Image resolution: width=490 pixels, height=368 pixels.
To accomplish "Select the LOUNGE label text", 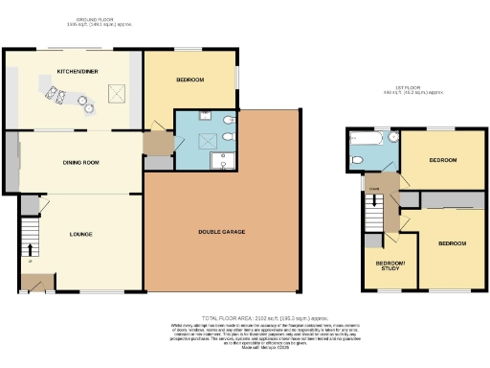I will pos(80,233).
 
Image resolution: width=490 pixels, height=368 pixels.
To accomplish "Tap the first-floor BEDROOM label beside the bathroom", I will pos(441,159).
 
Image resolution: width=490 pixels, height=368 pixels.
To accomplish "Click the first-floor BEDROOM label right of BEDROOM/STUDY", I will pos(452,243).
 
